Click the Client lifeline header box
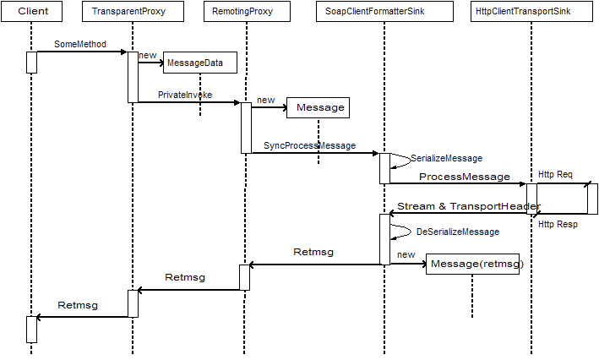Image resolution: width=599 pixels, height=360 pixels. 33,13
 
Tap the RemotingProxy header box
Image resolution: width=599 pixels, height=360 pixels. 247,13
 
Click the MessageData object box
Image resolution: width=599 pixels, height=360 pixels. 200,63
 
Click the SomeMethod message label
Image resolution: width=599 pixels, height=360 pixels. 80,43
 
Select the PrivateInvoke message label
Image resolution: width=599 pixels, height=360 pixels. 185,95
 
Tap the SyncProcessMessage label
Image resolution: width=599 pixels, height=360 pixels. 309,145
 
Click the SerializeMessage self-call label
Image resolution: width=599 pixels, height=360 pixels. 445,158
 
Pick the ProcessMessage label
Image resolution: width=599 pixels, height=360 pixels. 464,177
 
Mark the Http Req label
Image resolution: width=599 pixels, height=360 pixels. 555,174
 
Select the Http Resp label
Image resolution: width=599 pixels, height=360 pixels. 558,224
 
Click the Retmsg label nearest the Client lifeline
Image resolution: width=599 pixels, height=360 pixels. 77,304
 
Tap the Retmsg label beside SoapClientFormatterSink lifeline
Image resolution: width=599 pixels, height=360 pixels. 313,252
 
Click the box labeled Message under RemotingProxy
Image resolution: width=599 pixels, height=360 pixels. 318,108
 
